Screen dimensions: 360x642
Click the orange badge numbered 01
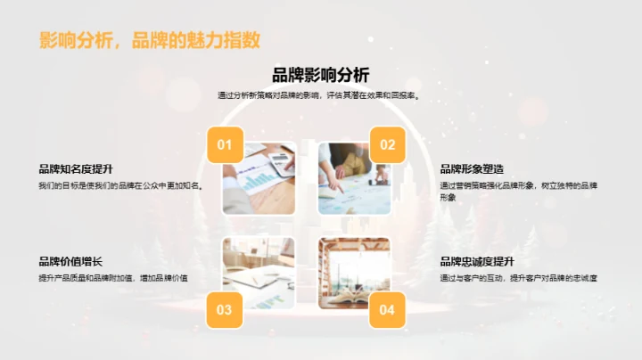(225, 144)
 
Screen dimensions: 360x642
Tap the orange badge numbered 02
(387, 144)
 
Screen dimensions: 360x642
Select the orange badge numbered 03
(225, 309)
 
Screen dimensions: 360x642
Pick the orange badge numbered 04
(387, 309)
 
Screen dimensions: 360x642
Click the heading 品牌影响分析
(320, 75)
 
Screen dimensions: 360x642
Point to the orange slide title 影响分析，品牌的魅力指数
(150, 40)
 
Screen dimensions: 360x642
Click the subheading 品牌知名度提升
(76, 169)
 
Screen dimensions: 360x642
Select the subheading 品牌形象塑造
(472, 169)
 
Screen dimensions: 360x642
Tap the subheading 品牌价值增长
(70, 261)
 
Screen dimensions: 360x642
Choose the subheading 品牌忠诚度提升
(477, 261)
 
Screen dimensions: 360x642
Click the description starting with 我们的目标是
(120, 186)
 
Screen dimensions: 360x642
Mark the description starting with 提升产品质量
(112, 278)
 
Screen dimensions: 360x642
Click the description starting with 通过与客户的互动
(518, 278)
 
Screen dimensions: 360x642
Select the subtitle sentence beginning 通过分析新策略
(320, 94)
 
